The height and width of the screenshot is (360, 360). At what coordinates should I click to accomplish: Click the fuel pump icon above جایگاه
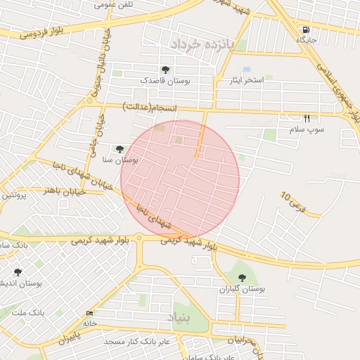306,30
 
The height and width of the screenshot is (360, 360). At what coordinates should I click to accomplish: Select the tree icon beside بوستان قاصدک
165,70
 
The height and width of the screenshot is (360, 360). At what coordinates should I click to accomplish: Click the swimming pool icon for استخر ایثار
246,70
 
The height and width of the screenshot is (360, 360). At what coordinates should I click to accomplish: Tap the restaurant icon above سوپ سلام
307,119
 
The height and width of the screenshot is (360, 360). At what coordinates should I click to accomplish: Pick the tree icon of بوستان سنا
120,149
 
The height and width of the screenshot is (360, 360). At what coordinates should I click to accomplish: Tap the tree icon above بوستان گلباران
244,278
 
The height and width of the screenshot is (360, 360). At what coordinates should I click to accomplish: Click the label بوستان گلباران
241,289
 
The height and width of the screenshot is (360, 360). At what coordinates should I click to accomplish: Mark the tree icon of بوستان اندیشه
18,272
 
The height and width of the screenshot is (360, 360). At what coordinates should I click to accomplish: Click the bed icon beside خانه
89,313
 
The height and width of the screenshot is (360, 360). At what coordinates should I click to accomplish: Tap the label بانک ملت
29,311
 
